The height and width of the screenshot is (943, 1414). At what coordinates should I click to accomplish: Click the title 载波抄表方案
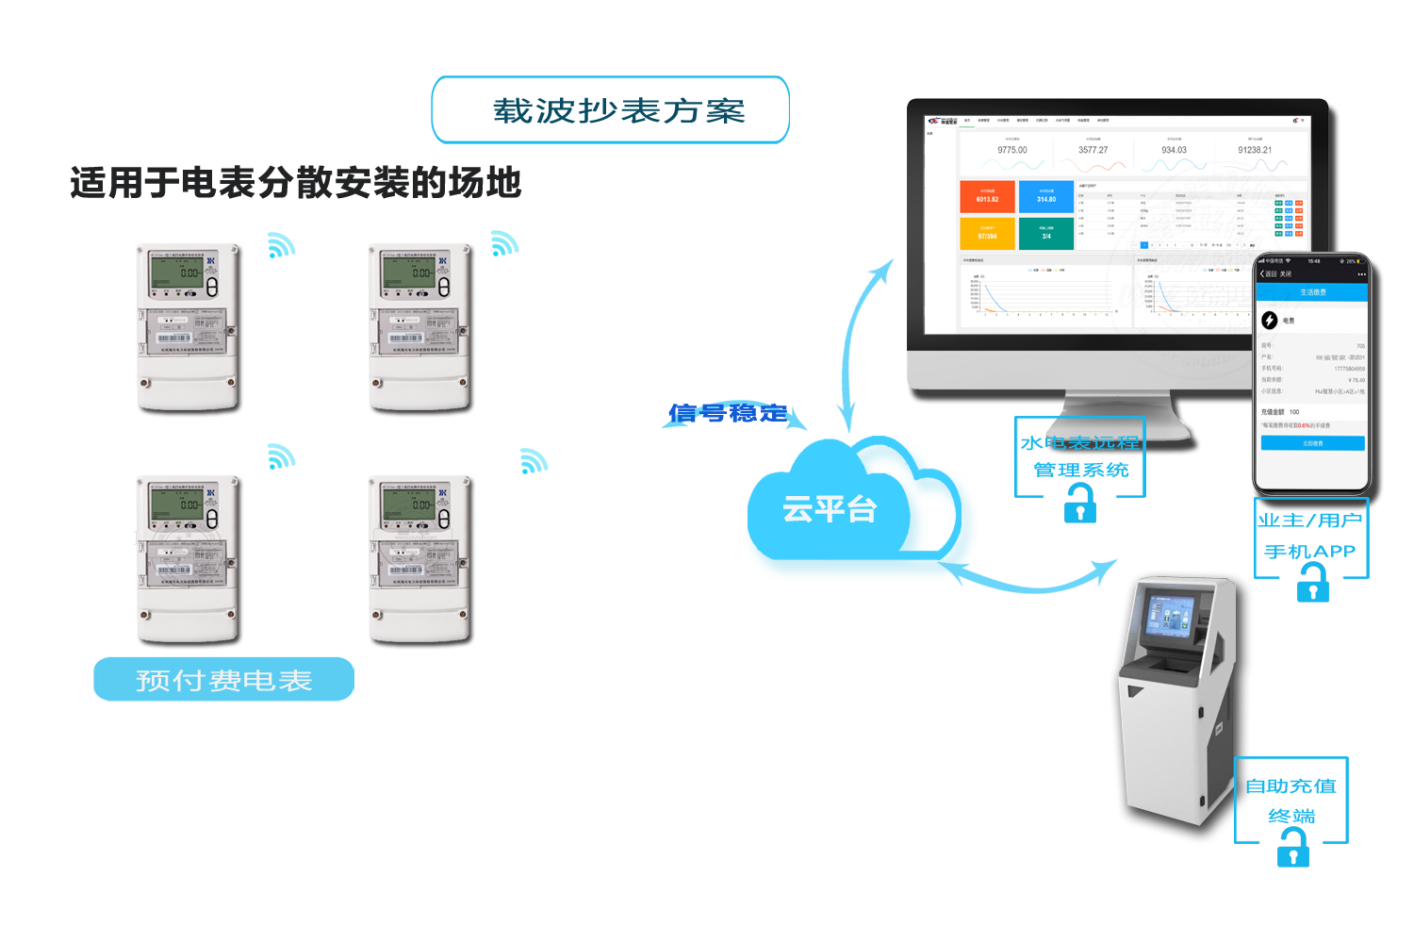[x=618, y=110]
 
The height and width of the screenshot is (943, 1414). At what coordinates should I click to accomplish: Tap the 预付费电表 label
[x=223, y=680]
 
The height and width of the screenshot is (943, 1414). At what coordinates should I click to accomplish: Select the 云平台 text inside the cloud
[x=830, y=509]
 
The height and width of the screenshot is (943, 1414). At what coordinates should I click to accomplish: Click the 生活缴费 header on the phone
[x=1312, y=292]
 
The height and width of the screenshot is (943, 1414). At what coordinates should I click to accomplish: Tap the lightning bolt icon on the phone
[x=1270, y=321]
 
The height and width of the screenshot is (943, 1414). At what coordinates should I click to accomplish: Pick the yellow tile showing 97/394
[x=987, y=233]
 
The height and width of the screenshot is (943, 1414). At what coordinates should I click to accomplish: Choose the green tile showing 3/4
[x=1046, y=233]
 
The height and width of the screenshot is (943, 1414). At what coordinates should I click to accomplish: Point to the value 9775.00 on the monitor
[x=1012, y=150]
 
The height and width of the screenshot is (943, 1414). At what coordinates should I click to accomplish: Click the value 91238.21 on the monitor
[x=1255, y=150]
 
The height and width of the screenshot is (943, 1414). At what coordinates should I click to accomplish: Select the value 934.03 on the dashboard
[x=1174, y=150]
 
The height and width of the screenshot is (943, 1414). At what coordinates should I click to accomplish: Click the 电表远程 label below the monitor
[x=1093, y=442]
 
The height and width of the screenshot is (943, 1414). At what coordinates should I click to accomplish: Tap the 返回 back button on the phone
[x=1269, y=273]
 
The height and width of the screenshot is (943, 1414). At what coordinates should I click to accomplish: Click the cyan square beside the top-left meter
[x=281, y=245]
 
